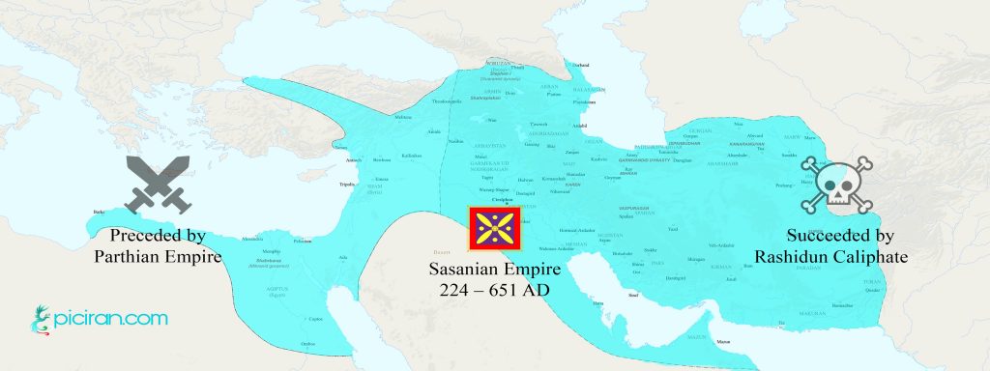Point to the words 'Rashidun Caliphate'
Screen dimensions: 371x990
(x=828, y=256)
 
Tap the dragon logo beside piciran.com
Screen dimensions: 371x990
(x=39, y=319)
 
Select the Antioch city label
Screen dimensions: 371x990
(x=354, y=160)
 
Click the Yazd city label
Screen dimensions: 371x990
(x=673, y=229)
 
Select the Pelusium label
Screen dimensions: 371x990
(x=303, y=242)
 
